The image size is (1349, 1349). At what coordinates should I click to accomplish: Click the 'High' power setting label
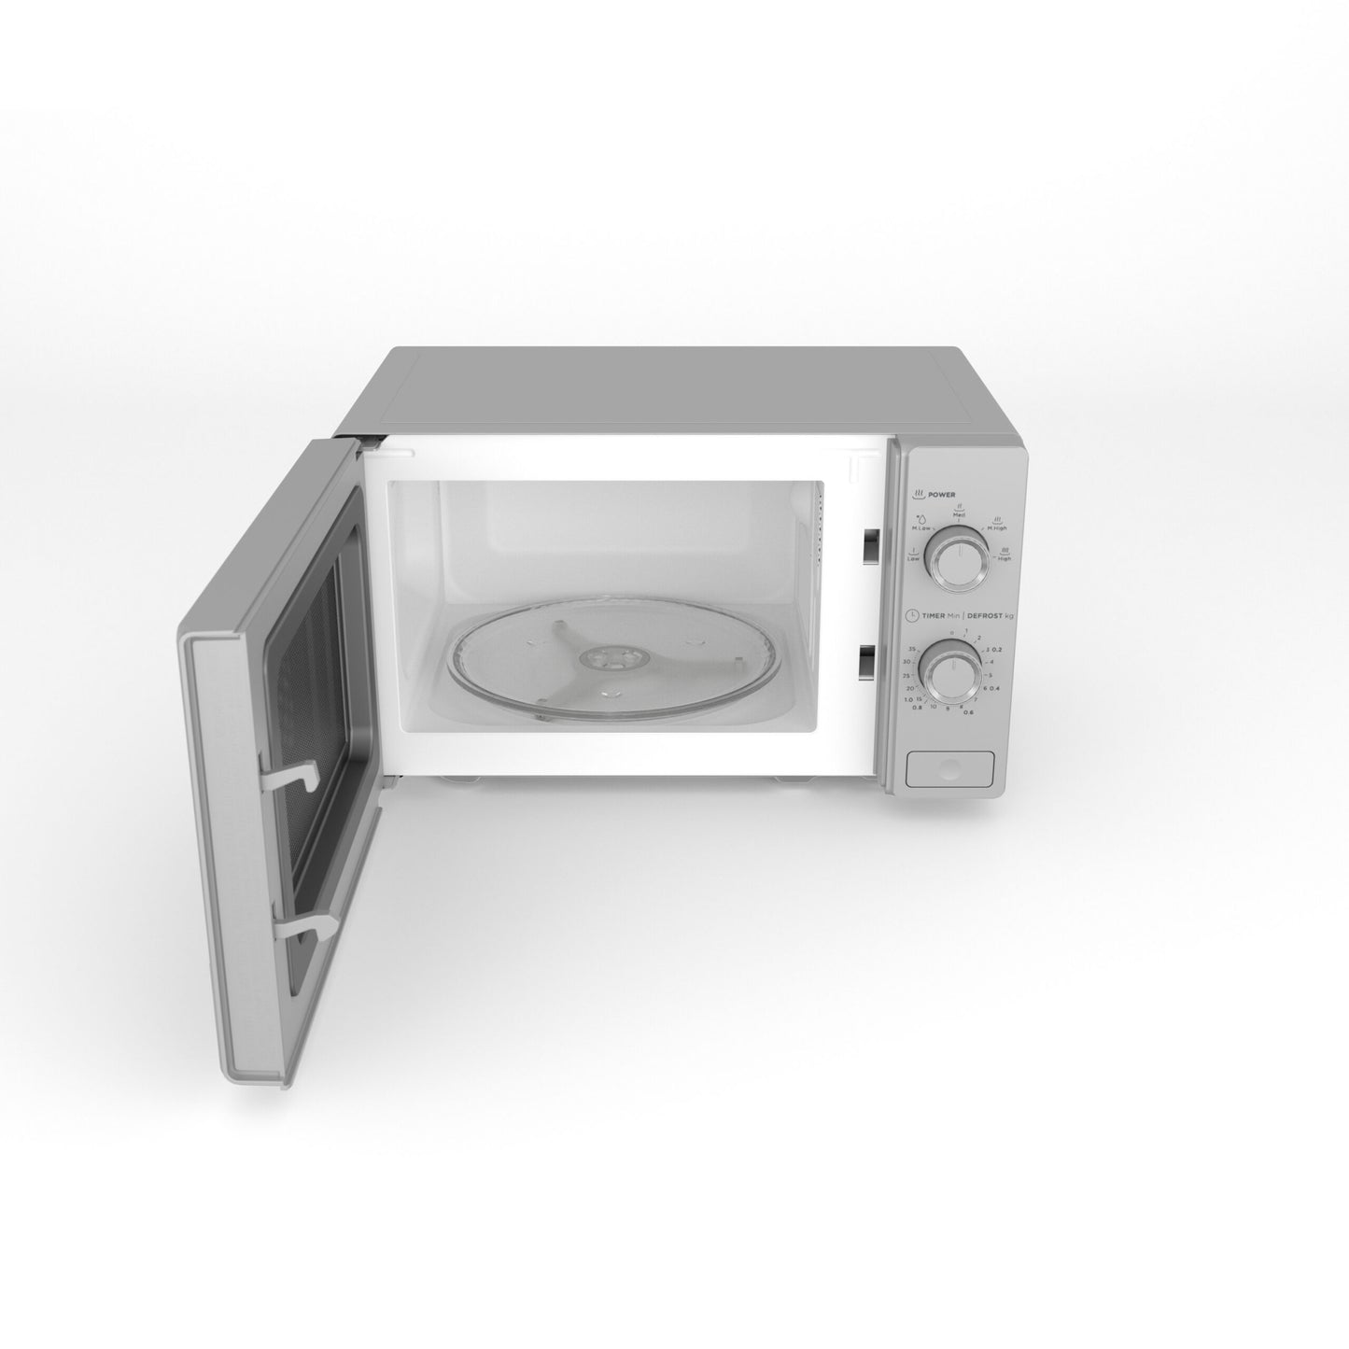coord(1004,558)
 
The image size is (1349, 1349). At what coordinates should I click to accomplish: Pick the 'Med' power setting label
coord(959,514)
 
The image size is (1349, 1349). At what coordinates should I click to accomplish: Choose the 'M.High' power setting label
coord(996,527)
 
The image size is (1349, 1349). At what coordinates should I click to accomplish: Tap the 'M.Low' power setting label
coord(921,527)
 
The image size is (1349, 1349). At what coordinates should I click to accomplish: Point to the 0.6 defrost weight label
coord(968,712)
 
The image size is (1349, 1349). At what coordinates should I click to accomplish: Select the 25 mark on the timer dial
coord(906,674)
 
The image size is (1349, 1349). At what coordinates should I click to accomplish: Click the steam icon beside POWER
coord(920,493)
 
